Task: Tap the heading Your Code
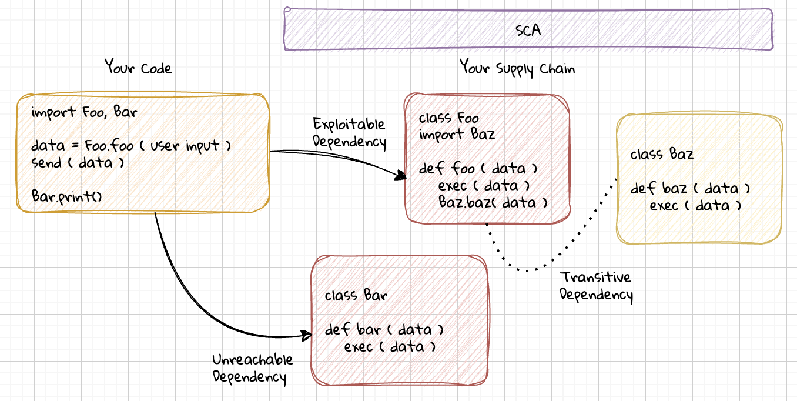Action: coord(138,68)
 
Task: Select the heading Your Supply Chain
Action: coord(517,68)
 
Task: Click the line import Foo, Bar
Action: coord(84,112)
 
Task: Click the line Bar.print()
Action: coord(67,196)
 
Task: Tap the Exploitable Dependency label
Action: coord(349,133)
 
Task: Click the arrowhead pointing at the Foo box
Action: coord(401,175)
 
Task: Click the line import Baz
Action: coord(457,135)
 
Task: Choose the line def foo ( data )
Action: coord(478,169)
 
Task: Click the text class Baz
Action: coord(662,155)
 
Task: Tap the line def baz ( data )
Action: coord(690,189)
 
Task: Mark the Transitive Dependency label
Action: coord(595,286)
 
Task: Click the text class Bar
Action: coord(356,295)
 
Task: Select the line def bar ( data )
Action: coord(384,330)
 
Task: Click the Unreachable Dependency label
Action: coord(252,369)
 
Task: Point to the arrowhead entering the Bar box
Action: coord(307,336)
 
